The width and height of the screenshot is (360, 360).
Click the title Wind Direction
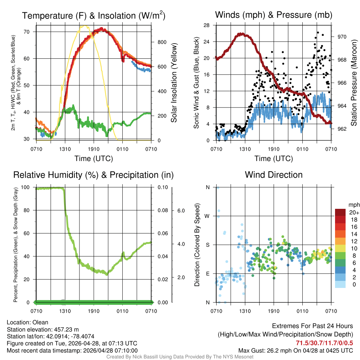click(274, 175)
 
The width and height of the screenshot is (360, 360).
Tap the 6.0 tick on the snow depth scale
click(181, 210)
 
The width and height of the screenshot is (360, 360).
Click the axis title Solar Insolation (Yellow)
click(174, 83)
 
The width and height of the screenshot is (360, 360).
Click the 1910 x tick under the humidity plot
click(94, 311)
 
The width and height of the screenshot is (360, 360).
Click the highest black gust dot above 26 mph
click(318, 32)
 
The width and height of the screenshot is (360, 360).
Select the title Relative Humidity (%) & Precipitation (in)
click(94, 175)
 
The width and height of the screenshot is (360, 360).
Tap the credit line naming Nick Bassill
click(180, 357)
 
